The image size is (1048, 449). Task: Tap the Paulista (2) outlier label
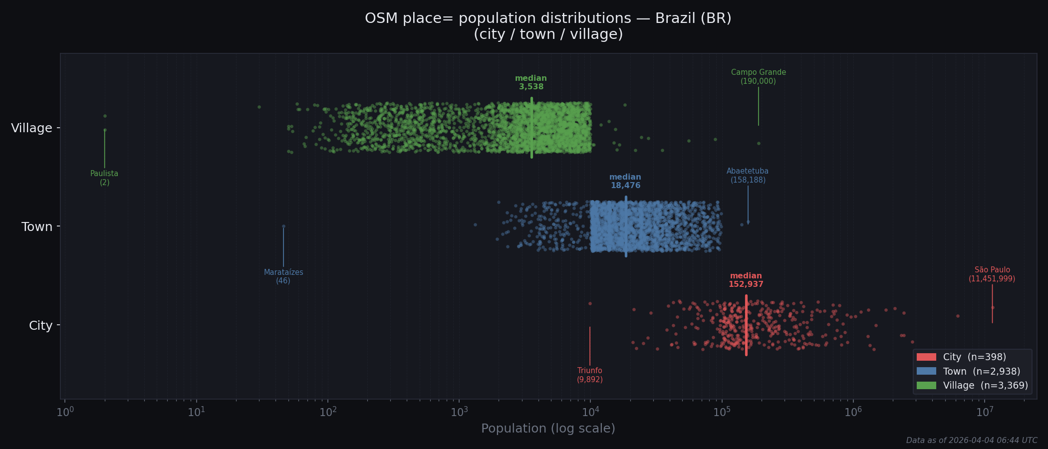(104, 178)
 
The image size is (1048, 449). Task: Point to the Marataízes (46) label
(283, 276)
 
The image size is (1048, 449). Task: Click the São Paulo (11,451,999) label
(992, 274)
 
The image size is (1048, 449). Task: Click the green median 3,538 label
(531, 83)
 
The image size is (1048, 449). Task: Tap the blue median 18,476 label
(625, 182)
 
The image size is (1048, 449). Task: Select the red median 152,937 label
(746, 280)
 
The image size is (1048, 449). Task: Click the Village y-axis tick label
(32, 128)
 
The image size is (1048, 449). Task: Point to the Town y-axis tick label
(37, 227)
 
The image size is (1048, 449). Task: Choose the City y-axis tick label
(40, 326)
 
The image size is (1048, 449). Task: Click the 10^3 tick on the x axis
(459, 412)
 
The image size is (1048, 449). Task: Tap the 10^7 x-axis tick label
(984, 412)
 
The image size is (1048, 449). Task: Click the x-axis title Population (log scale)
(548, 429)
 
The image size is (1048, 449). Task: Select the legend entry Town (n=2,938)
(981, 371)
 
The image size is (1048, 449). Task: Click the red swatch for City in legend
(926, 357)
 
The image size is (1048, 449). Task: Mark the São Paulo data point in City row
(992, 307)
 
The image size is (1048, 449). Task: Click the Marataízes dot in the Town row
(283, 226)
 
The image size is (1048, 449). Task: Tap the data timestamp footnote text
(971, 441)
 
